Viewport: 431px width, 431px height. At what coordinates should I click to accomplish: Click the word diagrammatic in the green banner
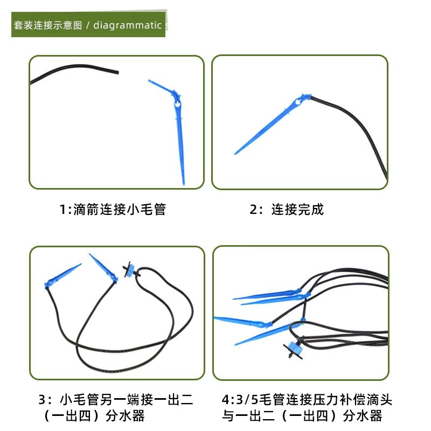tap(127, 25)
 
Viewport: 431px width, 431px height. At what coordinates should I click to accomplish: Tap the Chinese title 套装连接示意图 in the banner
tap(48, 25)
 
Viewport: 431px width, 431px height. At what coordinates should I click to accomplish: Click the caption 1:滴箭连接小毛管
tap(113, 210)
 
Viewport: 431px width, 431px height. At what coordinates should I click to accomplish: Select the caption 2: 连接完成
tap(287, 210)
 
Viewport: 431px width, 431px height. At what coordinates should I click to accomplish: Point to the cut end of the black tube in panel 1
tap(117, 72)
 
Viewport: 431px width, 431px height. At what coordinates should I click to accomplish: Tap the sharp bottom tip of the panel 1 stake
tap(184, 185)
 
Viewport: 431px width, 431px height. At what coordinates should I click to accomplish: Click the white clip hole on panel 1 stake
tap(178, 104)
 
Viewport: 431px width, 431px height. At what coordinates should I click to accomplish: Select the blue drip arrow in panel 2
tap(272, 124)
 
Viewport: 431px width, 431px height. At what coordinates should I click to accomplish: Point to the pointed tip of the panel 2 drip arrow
tap(235, 154)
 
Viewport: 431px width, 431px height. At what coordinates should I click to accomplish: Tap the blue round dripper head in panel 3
tap(129, 270)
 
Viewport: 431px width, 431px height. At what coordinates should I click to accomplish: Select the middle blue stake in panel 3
tap(103, 268)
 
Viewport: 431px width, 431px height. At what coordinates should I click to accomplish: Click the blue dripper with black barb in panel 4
tap(294, 348)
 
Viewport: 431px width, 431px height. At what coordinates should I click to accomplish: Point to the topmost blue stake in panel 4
tap(267, 294)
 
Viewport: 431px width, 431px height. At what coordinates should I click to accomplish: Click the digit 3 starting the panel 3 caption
tap(41, 400)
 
